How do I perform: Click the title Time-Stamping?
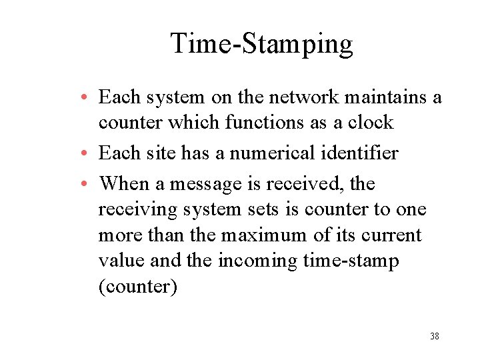coord(261,44)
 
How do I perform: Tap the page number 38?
coord(434,336)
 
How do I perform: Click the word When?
coord(127,183)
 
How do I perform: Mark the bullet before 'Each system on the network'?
coord(87,98)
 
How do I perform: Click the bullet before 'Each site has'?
coord(87,154)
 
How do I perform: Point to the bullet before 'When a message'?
coord(87,184)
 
